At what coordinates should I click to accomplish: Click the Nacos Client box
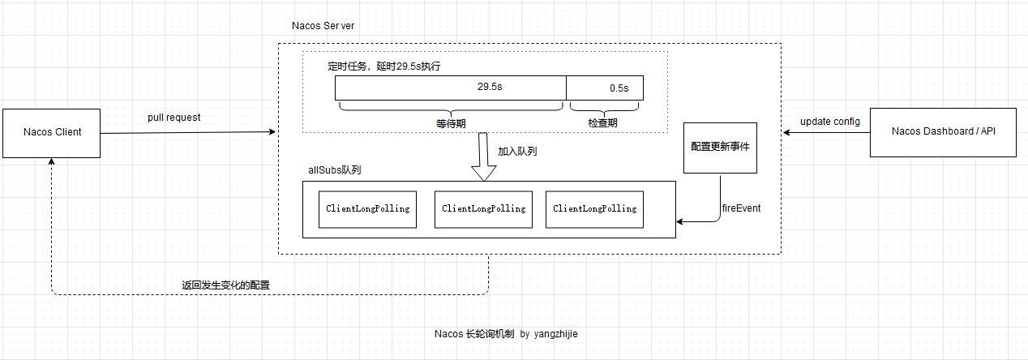click(52, 132)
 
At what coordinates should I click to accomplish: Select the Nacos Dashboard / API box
click(943, 131)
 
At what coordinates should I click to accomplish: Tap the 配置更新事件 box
click(720, 148)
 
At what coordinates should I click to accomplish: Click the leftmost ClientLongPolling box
click(367, 209)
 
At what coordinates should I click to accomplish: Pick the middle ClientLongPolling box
click(483, 209)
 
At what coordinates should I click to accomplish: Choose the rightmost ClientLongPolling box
click(594, 209)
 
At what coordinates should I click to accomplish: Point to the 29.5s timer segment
click(451, 88)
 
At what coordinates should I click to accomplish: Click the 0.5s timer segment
click(605, 88)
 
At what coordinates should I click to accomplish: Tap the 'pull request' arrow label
click(173, 118)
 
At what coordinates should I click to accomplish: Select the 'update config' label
click(829, 122)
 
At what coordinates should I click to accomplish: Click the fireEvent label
click(741, 208)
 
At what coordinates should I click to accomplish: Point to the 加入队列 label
click(517, 152)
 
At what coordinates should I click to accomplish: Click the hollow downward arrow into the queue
click(484, 161)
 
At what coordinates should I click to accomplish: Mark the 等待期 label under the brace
click(451, 123)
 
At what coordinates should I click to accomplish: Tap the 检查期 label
click(602, 123)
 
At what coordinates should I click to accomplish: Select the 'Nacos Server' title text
click(323, 26)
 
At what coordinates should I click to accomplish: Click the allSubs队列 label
click(334, 170)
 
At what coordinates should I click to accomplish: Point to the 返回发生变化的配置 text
click(225, 285)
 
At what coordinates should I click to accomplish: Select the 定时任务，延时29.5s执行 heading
click(383, 66)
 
